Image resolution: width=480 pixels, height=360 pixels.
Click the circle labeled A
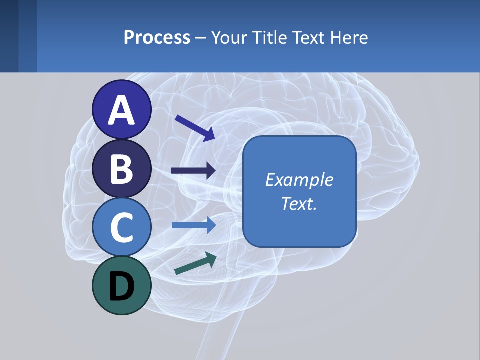(122, 110)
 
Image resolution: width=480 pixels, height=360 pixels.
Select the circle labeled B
(122, 168)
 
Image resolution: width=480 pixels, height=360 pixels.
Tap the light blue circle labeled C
(122, 227)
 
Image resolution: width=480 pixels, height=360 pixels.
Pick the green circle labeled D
(122, 285)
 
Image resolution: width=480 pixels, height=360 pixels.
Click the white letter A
(122, 110)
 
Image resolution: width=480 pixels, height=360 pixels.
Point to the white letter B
(122, 169)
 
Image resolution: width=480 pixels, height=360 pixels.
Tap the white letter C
(122, 227)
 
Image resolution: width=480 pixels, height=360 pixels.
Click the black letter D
(122, 286)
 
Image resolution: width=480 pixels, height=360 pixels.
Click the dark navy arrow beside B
(194, 171)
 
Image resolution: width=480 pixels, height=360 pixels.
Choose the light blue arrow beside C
(194, 225)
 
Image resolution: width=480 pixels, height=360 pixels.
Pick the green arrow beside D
(195, 263)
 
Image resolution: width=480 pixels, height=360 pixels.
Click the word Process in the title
(157, 38)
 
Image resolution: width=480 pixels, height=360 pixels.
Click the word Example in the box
(299, 180)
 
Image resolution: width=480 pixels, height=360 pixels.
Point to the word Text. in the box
(299, 204)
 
